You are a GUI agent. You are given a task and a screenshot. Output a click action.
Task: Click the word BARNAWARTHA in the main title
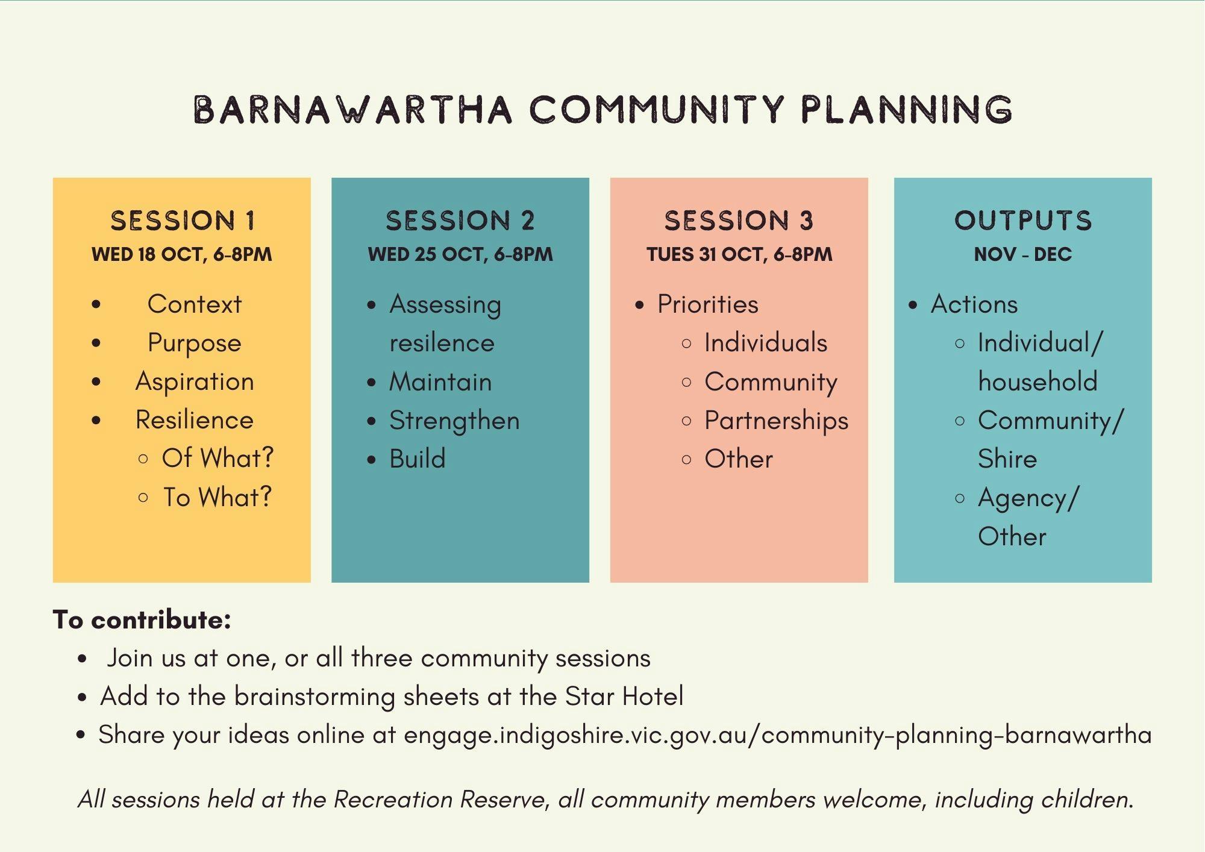click(x=352, y=110)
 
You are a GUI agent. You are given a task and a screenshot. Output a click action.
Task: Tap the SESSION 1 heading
click(x=183, y=221)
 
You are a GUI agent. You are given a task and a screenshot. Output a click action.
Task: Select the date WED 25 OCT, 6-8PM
click(x=460, y=254)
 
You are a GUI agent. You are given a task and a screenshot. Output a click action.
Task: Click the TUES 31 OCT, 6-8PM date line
click(x=739, y=254)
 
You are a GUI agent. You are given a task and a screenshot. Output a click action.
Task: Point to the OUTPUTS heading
click(x=1023, y=221)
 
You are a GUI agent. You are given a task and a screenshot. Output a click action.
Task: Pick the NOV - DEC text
click(x=1023, y=254)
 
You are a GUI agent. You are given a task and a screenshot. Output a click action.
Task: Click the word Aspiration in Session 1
click(x=195, y=382)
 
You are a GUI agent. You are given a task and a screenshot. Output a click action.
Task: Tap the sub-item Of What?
click(x=218, y=459)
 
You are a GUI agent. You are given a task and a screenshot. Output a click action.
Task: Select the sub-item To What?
click(x=218, y=498)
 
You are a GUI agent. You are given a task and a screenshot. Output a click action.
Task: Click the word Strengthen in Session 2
click(x=454, y=421)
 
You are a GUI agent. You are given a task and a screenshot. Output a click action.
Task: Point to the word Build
click(x=418, y=459)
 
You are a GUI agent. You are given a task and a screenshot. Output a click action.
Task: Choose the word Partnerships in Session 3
click(x=777, y=421)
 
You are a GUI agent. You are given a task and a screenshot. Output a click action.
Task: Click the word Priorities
click(x=708, y=304)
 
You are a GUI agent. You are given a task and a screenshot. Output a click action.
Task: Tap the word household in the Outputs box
click(x=1038, y=382)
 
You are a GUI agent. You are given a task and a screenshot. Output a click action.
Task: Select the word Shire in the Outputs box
click(x=1007, y=459)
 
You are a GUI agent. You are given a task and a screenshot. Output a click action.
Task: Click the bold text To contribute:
click(x=142, y=620)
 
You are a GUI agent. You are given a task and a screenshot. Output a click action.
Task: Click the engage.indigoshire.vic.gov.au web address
click(x=777, y=736)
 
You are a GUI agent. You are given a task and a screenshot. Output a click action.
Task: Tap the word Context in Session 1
click(x=195, y=304)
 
